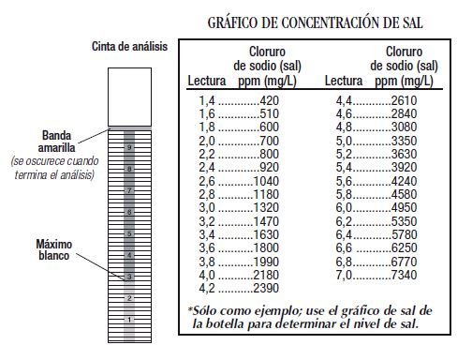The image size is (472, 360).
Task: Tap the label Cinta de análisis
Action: tap(129, 47)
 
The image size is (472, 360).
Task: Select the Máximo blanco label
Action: tap(54, 251)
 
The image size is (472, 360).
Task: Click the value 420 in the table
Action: tap(271, 99)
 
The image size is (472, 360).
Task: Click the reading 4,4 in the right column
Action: tap(336, 99)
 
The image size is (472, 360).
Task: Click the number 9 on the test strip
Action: tap(130, 148)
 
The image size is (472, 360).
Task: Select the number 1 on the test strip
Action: tap(130, 320)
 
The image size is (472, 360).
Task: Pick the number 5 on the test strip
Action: tap(130, 233)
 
